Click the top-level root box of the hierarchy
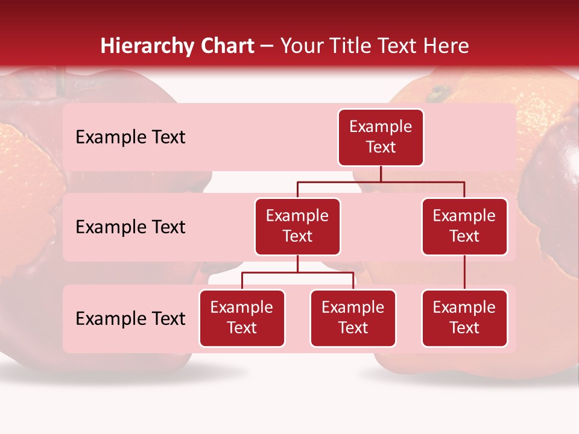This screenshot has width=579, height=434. click(x=381, y=137)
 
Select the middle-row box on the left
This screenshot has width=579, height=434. click(x=297, y=227)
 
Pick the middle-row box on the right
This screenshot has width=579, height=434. click(x=464, y=227)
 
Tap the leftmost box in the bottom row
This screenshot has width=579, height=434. click(x=242, y=318)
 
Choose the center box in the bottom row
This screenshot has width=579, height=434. click(x=353, y=318)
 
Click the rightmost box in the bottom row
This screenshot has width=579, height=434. click(x=464, y=318)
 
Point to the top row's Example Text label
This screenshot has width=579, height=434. click(x=130, y=137)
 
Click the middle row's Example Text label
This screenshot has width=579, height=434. click(x=130, y=227)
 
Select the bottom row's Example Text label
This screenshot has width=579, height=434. click(x=130, y=319)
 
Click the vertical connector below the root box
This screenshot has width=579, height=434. click(x=381, y=174)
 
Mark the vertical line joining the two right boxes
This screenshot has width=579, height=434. click(x=464, y=272)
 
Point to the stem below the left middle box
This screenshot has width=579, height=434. click(x=297, y=264)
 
